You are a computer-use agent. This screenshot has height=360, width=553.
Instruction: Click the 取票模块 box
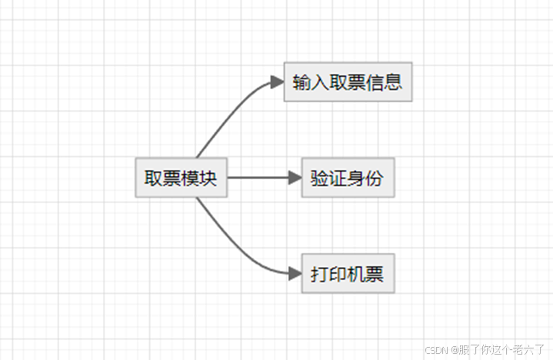click(x=182, y=178)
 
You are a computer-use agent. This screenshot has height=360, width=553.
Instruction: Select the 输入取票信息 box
click(x=348, y=82)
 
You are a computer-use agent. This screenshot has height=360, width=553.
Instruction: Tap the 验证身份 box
click(x=348, y=178)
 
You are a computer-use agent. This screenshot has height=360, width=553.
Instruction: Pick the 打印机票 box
click(x=348, y=273)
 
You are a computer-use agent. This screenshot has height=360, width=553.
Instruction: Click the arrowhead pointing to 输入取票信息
click(x=278, y=82)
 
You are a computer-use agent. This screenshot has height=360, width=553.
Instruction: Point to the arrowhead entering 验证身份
click(x=295, y=178)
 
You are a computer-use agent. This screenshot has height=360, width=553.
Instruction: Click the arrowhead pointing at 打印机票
click(x=295, y=272)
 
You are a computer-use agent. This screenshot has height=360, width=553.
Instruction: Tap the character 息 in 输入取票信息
click(x=394, y=82)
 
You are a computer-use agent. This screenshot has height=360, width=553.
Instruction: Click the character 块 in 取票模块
click(x=209, y=178)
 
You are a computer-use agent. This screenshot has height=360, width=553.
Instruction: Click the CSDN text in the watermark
click(x=436, y=350)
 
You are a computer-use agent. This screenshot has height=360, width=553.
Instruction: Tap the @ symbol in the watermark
click(x=455, y=350)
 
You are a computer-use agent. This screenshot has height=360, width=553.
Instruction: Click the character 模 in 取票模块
click(x=191, y=178)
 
